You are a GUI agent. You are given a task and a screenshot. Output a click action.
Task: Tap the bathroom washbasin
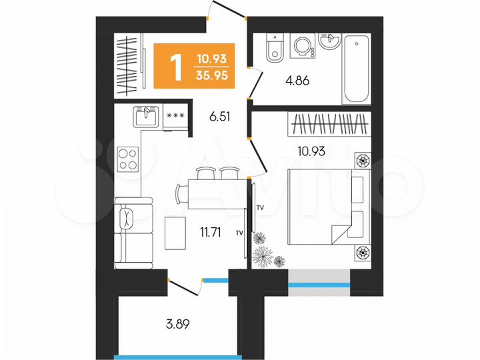click(330, 41)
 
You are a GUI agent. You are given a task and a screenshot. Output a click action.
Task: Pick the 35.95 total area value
click(210, 76)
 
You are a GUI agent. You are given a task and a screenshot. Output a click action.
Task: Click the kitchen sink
click(145, 116)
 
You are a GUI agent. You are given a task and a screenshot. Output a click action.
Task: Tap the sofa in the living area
click(128, 231)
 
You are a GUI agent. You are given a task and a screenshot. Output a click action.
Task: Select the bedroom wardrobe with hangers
click(329, 124)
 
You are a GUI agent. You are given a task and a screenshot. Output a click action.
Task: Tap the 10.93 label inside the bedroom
click(309, 151)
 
